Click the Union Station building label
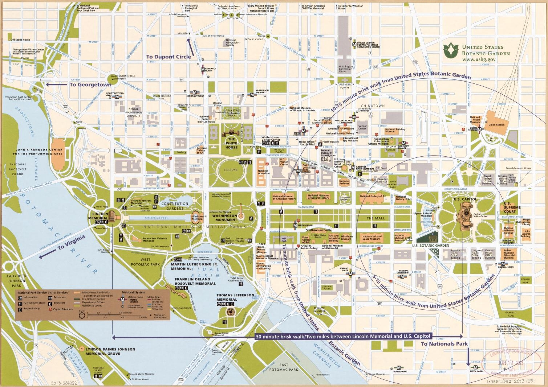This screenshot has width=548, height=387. pyautogui.click(x=496, y=125)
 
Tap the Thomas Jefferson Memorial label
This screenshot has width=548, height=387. pyautogui.click(x=235, y=297)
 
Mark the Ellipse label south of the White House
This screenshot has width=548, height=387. pyautogui.click(x=231, y=170)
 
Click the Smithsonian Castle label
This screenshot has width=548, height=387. pyautogui.click(x=318, y=230)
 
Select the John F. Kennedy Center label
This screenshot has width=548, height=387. pyautogui.click(x=39, y=152)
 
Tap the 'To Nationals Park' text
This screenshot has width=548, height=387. pyautogui.click(x=444, y=343)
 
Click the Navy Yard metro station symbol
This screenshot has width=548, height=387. pyautogui.click(x=476, y=367)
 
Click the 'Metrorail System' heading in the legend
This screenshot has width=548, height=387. pyautogui.click(x=133, y=292)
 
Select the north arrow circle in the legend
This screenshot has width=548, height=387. pyautogui.click(x=82, y=316)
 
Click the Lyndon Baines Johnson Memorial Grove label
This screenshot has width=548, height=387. pyautogui.click(x=110, y=351)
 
